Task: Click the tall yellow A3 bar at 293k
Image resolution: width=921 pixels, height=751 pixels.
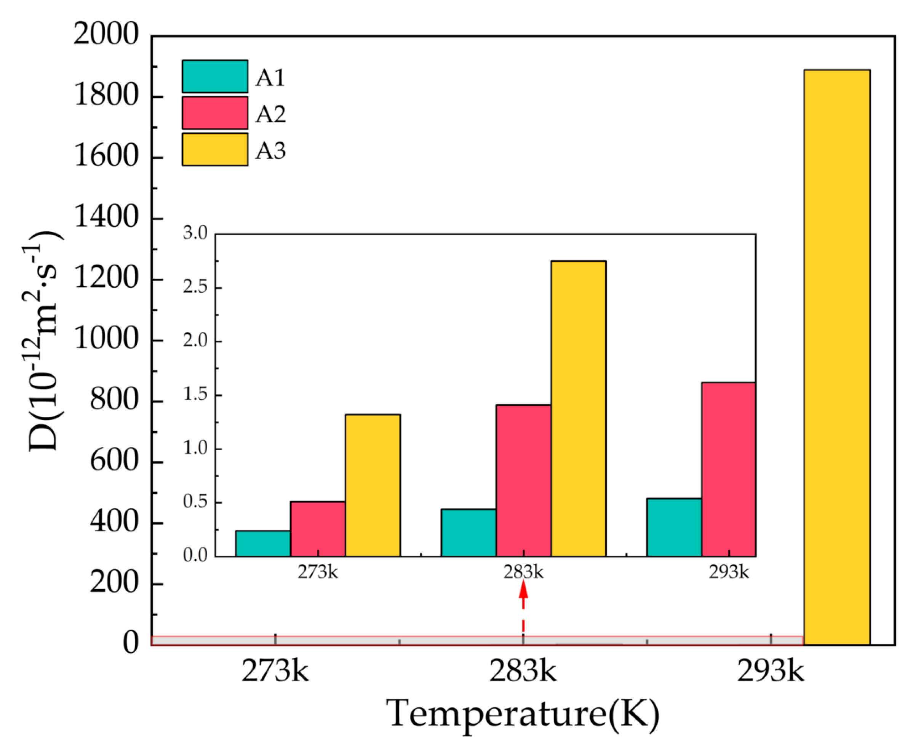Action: pos(836,357)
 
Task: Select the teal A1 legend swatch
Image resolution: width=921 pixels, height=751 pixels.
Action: pos(215,77)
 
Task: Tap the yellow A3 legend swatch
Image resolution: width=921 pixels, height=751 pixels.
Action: pos(215,149)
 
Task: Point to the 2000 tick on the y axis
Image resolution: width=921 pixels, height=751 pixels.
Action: pos(106,35)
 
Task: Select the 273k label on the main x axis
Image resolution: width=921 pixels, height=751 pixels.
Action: pos(275,672)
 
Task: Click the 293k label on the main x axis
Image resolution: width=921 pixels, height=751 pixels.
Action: pos(771,672)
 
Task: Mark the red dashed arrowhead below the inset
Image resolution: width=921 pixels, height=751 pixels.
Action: pos(523,590)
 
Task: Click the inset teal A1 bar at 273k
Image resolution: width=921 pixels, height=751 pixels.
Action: pos(263,543)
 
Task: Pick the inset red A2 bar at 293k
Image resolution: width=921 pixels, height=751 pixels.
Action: pos(728,469)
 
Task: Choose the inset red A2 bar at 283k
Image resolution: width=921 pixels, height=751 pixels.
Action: pos(523,480)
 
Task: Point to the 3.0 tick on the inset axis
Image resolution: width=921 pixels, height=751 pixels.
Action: pos(195,234)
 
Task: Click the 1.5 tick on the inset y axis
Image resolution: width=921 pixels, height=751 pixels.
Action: pos(195,395)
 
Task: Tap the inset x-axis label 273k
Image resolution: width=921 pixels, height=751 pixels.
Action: pos(317,572)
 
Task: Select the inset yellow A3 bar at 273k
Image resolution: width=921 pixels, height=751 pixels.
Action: pos(373,485)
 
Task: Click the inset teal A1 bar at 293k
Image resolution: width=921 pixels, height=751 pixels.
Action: pos(674,527)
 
